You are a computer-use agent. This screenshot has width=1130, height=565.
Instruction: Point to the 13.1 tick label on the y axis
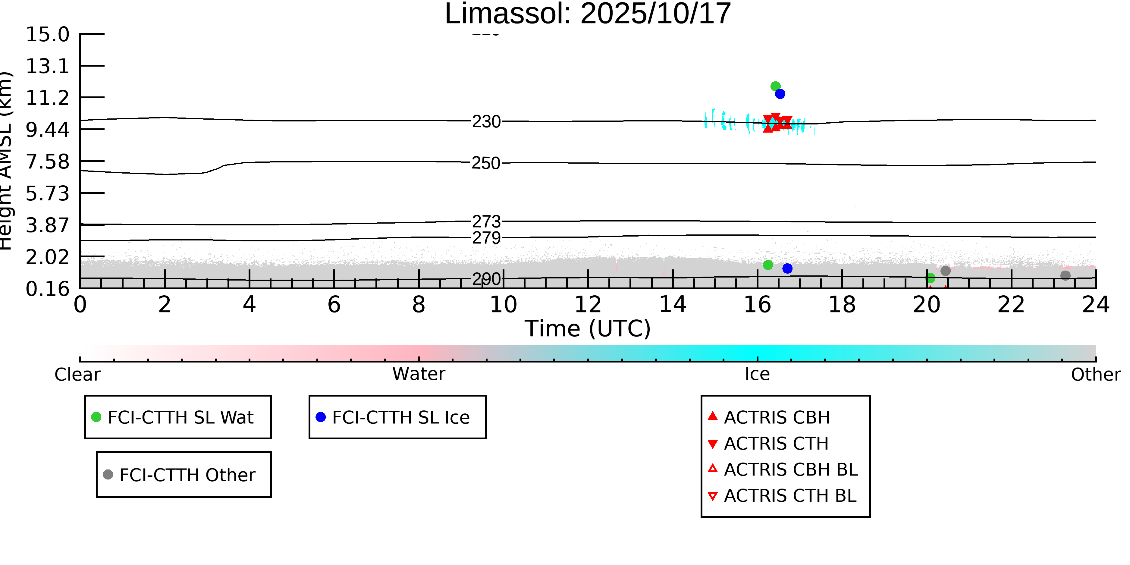click(x=47, y=66)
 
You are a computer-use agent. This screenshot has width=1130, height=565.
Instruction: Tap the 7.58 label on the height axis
click(x=47, y=162)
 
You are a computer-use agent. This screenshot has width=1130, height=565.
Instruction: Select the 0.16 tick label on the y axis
click(x=47, y=289)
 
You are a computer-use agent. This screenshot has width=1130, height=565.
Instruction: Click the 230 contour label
click(x=486, y=121)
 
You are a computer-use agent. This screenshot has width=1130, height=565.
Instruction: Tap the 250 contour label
click(x=486, y=163)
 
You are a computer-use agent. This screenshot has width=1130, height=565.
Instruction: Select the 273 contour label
click(x=486, y=221)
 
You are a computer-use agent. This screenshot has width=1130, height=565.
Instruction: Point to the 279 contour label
click(x=486, y=238)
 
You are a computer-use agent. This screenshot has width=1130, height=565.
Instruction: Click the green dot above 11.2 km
click(x=775, y=86)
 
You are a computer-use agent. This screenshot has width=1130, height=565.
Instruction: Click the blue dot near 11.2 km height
click(x=780, y=94)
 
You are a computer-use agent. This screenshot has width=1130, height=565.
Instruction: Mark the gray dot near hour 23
click(x=1066, y=275)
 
